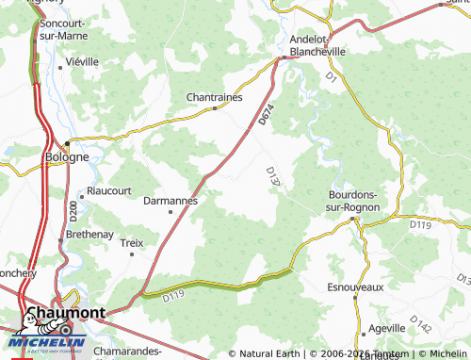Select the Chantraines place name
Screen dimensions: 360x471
pyautogui.click(x=215, y=96)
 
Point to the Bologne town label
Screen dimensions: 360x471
pyautogui.click(x=67, y=157)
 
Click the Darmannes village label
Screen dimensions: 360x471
pyautogui.click(x=170, y=201)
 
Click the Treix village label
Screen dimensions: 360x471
pyautogui.click(x=132, y=243)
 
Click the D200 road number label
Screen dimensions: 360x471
pyautogui.click(x=73, y=209)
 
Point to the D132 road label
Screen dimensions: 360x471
pyautogui.click(x=274, y=177)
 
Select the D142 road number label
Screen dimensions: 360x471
pyautogui.click(x=422, y=325)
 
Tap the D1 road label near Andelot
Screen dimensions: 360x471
pyautogui.click(x=331, y=76)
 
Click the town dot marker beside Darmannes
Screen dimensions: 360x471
pyautogui.click(x=171, y=212)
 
